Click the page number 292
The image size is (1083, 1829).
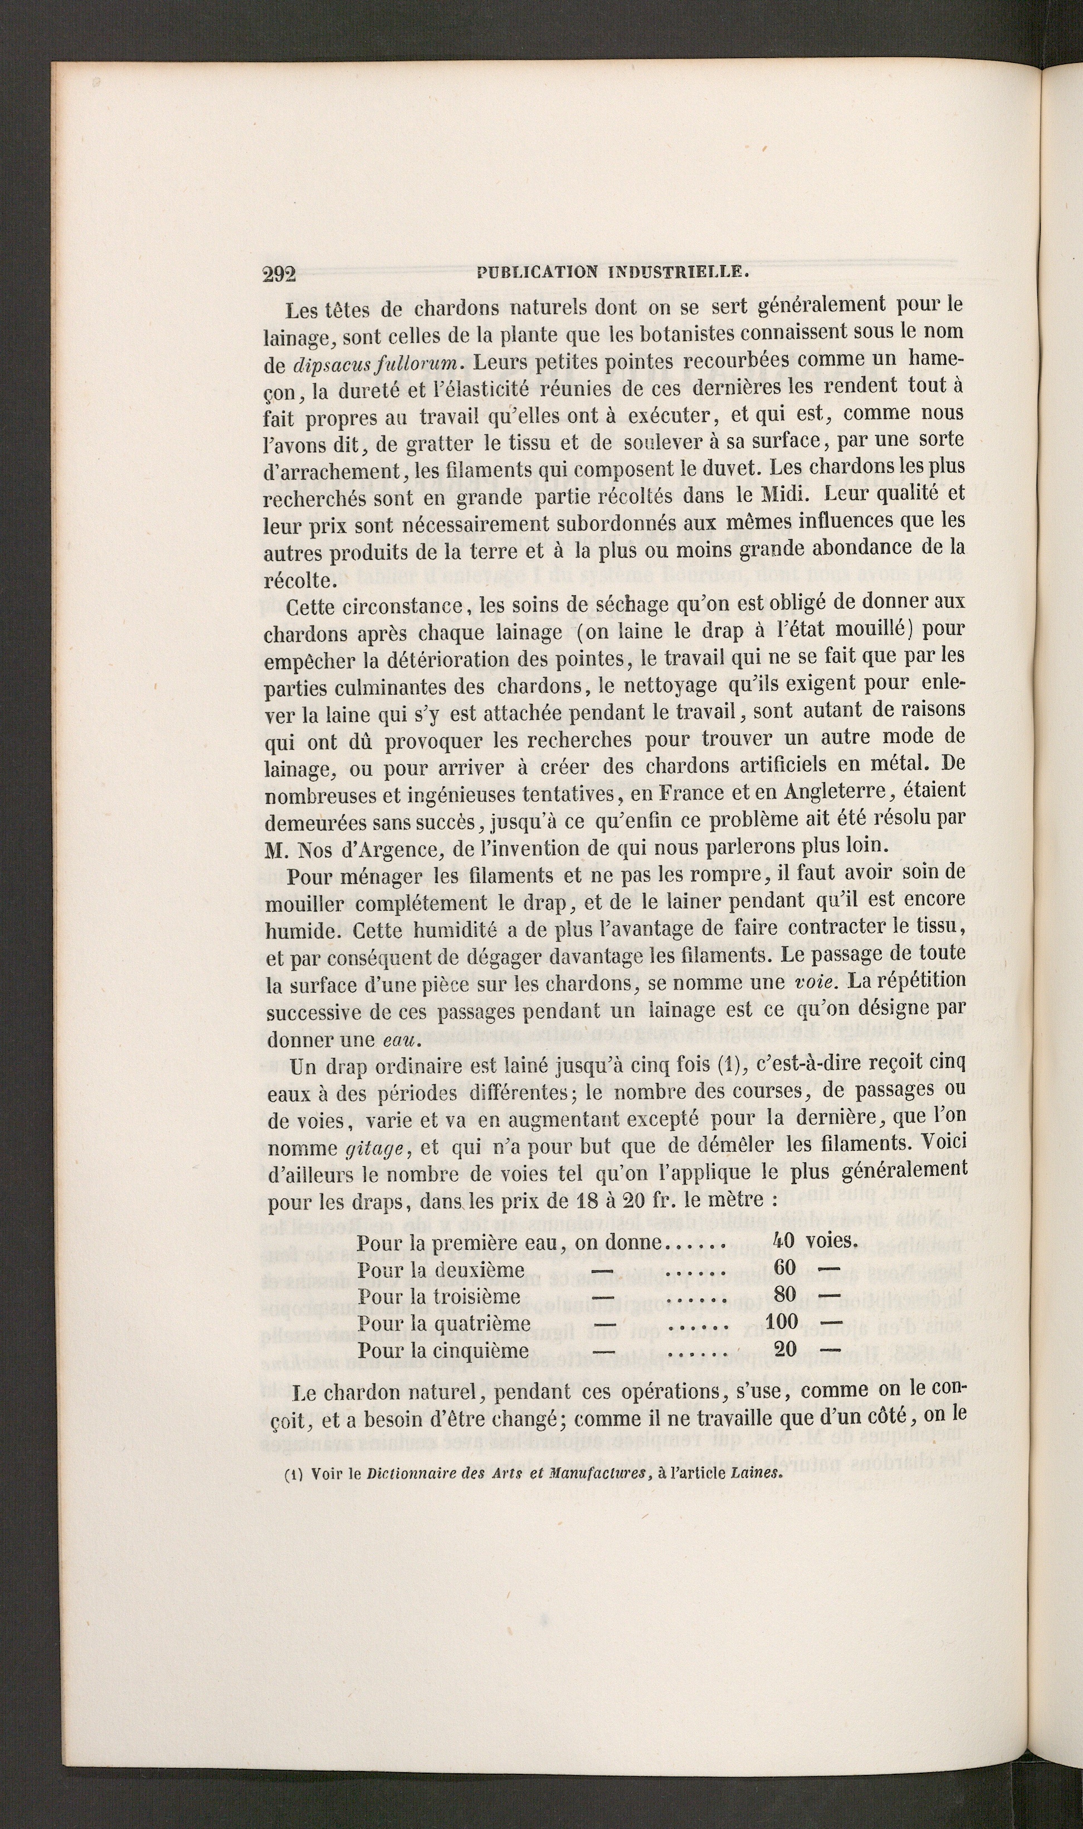pos(278,275)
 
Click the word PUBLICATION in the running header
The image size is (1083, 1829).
pos(536,273)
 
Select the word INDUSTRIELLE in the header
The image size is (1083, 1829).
pos(677,273)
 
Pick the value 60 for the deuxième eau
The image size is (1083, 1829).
pos(784,1267)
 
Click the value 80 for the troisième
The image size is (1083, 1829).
pos(784,1294)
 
